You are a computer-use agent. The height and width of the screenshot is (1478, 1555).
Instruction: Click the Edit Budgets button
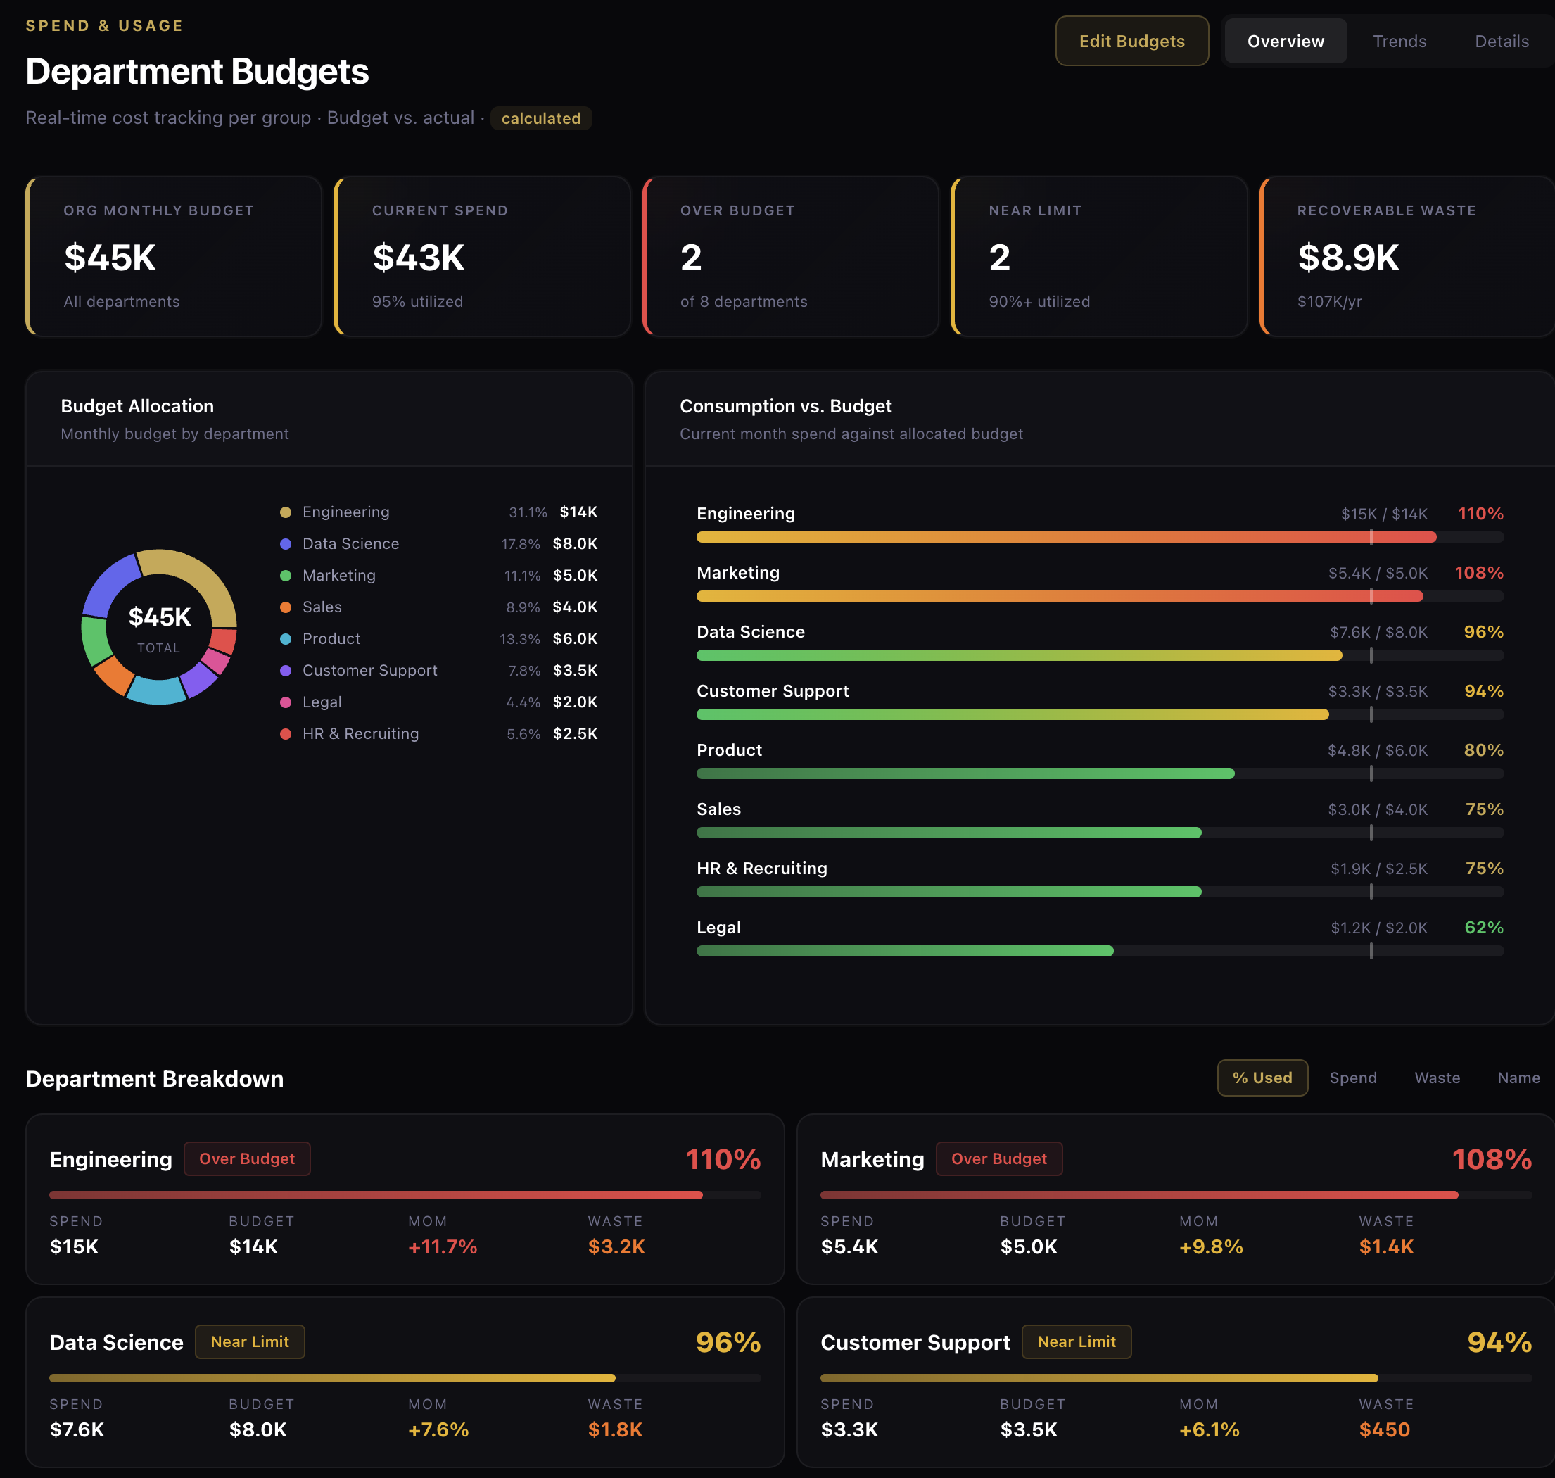[1131, 41]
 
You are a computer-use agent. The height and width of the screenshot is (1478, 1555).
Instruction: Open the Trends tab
[1399, 41]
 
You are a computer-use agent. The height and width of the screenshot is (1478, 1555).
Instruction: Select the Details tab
[1501, 41]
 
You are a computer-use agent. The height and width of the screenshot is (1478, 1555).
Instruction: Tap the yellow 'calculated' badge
[540, 118]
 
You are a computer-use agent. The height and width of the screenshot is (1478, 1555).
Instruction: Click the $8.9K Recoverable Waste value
[1348, 258]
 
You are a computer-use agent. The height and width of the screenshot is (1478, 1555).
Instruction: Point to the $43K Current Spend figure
[418, 258]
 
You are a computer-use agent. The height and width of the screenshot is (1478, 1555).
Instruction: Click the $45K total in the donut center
[159, 617]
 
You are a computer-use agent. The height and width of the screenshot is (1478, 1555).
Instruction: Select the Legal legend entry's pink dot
[286, 702]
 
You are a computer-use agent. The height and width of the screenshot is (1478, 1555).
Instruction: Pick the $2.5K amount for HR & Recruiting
[574, 733]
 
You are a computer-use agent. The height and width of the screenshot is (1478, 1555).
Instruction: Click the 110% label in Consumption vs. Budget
[1480, 514]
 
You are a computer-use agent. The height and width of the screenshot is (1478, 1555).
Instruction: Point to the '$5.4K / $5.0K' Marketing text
[1377, 573]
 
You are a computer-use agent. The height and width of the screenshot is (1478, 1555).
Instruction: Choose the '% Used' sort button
[1262, 1078]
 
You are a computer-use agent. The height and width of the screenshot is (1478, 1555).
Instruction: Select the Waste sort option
[1437, 1078]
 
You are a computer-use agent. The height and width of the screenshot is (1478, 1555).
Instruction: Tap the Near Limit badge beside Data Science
[250, 1341]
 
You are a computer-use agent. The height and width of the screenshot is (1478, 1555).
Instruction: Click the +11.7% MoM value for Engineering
[442, 1246]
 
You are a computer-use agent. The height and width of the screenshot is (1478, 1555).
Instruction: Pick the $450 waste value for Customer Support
[1384, 1429]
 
